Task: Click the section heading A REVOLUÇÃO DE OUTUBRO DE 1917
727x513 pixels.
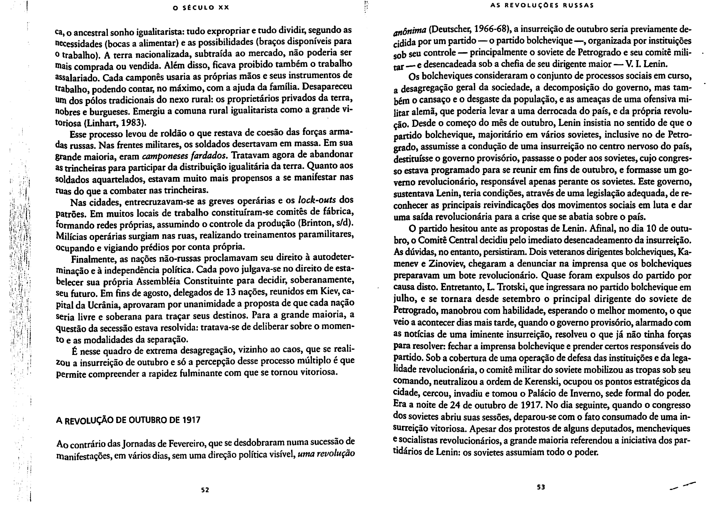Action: tap(128, 420)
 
